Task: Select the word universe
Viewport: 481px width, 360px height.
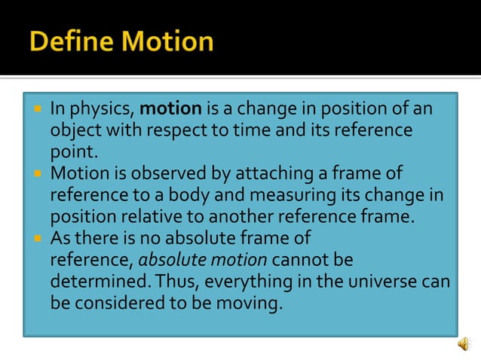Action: click(382, 282)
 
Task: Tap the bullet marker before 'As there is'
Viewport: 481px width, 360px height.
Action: click(38, 238)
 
